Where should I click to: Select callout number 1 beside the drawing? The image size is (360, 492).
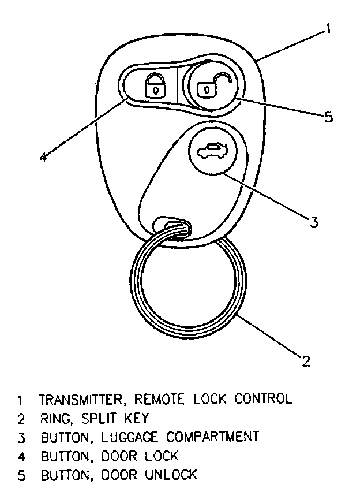pos(328,28)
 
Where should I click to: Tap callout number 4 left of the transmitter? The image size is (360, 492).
pos(43,157)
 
